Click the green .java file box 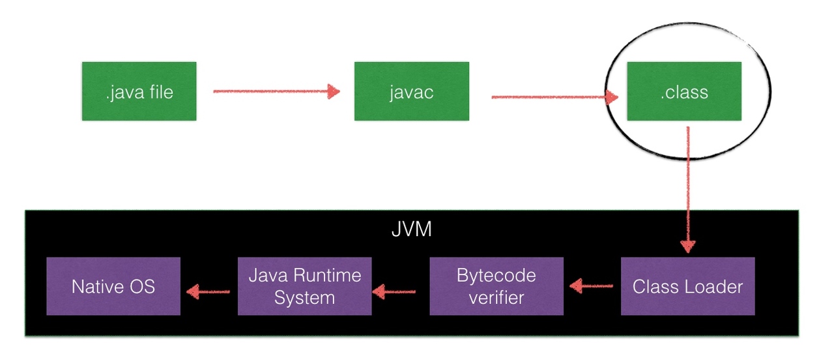[139, 91]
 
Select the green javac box [411, 91]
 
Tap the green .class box [683, 91]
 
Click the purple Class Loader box [687, 286]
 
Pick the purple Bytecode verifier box [496, 286]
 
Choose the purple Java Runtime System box [304, 286]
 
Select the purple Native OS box [113, 286]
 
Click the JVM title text [412, 230]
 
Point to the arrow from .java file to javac [276, 91]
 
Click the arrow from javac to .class [554, 97]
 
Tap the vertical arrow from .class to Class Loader [687, 189]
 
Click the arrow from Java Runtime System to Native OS [208, 291]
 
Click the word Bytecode [496, 275]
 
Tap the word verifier [496, 298]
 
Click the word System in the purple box [304, 298]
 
